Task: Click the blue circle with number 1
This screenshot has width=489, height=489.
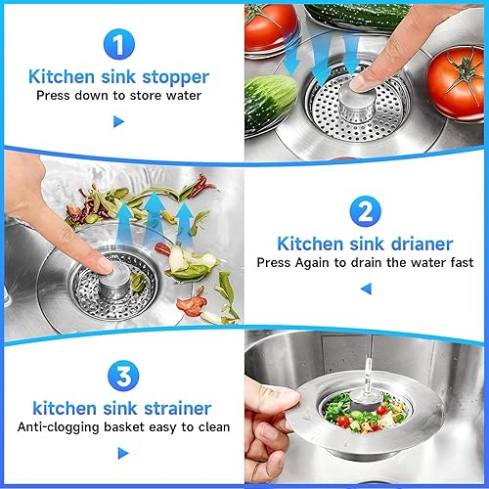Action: pyautogui.click(x=119, y=44)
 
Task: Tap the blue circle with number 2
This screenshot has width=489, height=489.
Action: pyautogui.click(x=365, y=211)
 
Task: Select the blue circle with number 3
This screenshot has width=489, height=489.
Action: pyautogui.click(x=123, y=376)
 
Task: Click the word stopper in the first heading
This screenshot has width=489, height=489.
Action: pyautogui.click(x=175, y=77)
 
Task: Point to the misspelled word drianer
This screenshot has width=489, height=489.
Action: pyautogui.click(x=422, y=244)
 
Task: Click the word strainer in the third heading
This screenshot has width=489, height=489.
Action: pyautogui.click(x=178, y=408)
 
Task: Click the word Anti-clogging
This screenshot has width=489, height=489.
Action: pyautogui.click(x=58, y=427)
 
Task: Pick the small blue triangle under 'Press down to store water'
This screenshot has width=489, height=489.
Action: pyautogui.click(x=118, y=121)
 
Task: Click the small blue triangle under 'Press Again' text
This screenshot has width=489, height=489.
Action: pyautogui.click(x=366, y=289)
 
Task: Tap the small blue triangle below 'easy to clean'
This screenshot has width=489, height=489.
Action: pyautogui.click(x=122, y=453)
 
